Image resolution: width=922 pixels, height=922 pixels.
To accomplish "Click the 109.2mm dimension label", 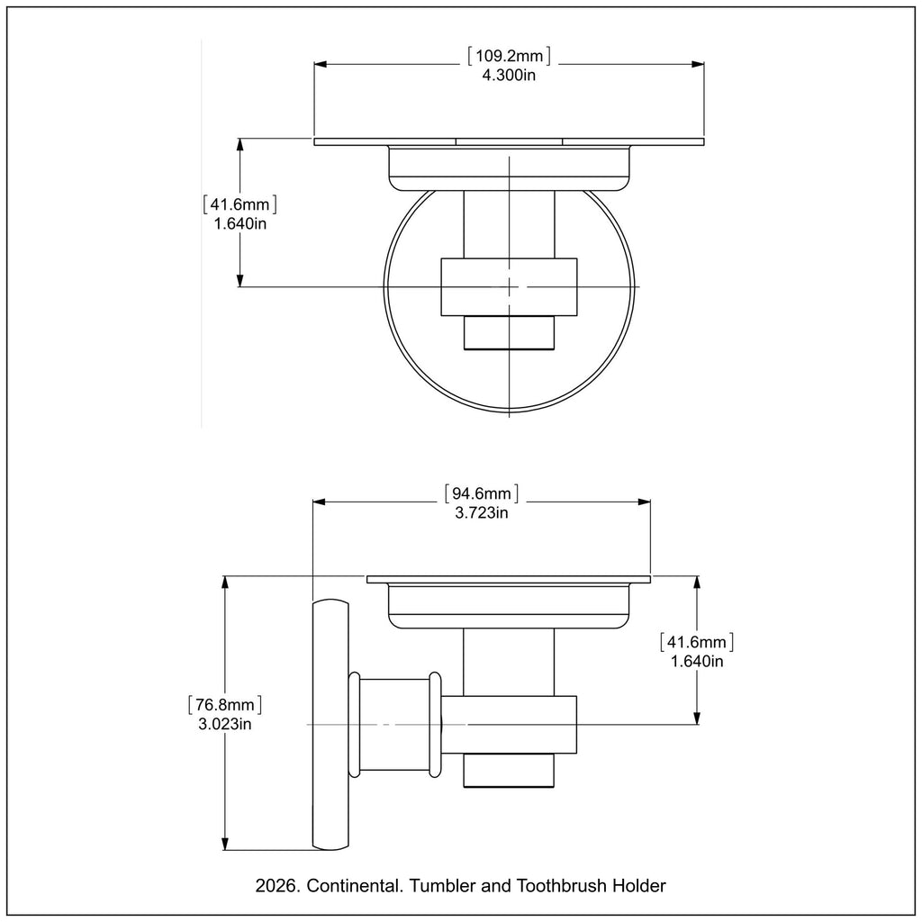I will (509, 57).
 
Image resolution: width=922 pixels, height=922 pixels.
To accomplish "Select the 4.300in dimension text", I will (509, 76).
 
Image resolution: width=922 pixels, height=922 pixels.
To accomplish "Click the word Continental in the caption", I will (356, 886).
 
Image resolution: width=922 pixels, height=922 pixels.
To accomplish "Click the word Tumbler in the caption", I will (440, 886).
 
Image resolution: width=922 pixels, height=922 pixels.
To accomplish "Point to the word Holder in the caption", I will (638, 886).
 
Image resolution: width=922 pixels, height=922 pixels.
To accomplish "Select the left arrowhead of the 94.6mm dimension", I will (319, 502).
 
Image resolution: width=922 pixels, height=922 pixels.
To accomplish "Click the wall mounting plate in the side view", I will (329, 725).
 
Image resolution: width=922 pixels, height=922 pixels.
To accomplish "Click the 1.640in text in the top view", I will (240, 224).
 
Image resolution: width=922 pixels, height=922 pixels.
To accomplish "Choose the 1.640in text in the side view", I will (697, 662).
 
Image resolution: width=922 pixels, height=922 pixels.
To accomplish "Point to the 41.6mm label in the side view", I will (697, 642).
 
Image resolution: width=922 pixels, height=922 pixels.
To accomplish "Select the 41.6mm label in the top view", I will (240, 204).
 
